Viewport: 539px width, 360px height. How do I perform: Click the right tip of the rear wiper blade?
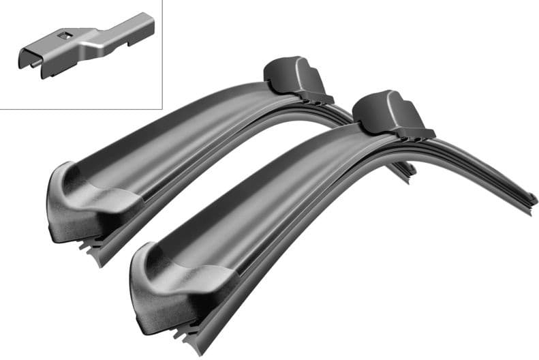409,170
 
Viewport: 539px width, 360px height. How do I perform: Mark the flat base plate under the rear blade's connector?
307,100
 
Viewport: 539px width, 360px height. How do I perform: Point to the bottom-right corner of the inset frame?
161,108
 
